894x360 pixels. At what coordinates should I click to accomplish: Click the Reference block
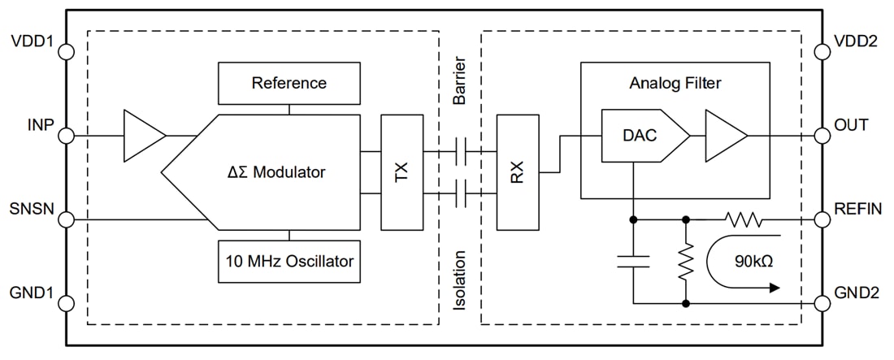click(x=289, y=83)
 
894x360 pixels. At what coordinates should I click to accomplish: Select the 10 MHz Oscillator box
click(x=289, y=262)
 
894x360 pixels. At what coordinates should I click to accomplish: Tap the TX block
click(x=401, y=171)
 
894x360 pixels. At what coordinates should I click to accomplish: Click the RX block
click(x=518, y=171)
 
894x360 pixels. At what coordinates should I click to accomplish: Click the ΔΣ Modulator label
click(x=276, y=171)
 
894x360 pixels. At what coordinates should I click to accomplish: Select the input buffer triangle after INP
click(x=141, y=135)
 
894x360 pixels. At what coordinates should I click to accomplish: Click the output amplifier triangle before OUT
click(x=724, y=135)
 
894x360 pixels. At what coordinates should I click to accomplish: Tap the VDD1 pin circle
click(x=66, y=50)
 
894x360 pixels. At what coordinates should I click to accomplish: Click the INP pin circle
click(x=66, y=135)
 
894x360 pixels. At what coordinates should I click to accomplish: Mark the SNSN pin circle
click(x=66, y=219)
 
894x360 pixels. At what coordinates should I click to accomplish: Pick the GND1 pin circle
click(x=66, y=304)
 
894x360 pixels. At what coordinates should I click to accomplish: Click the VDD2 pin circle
click(x=822, y=50)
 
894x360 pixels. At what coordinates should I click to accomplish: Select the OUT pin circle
click(x=822, y=135)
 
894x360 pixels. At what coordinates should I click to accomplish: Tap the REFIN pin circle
click(x=822, y=219)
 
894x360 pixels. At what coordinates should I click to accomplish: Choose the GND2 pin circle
click(x=822, y=304)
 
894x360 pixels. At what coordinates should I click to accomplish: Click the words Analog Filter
click(x=675, y=83)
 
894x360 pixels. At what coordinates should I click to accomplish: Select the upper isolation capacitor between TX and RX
click(x=460, y=150)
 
